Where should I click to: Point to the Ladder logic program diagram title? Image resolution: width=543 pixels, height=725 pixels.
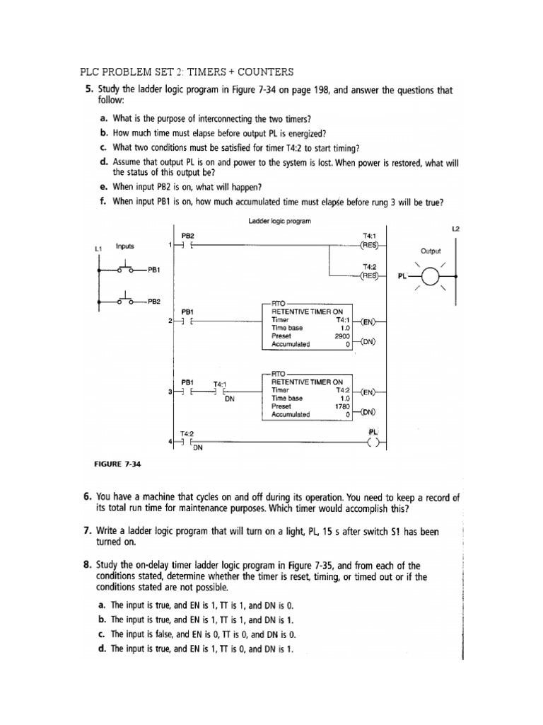[281, 222]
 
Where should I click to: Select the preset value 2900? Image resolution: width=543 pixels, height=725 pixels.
[343, 336]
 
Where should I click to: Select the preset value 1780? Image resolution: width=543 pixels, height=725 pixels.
[343, 406]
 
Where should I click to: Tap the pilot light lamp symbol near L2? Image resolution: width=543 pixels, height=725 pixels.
[432, 275]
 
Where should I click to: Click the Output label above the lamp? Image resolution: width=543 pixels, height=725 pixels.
[431, 251]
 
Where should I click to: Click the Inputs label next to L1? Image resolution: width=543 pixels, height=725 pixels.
[126, 247]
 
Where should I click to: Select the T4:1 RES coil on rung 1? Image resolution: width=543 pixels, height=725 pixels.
[369, 246]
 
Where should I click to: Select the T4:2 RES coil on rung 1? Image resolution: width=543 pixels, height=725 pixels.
[369, 275]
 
